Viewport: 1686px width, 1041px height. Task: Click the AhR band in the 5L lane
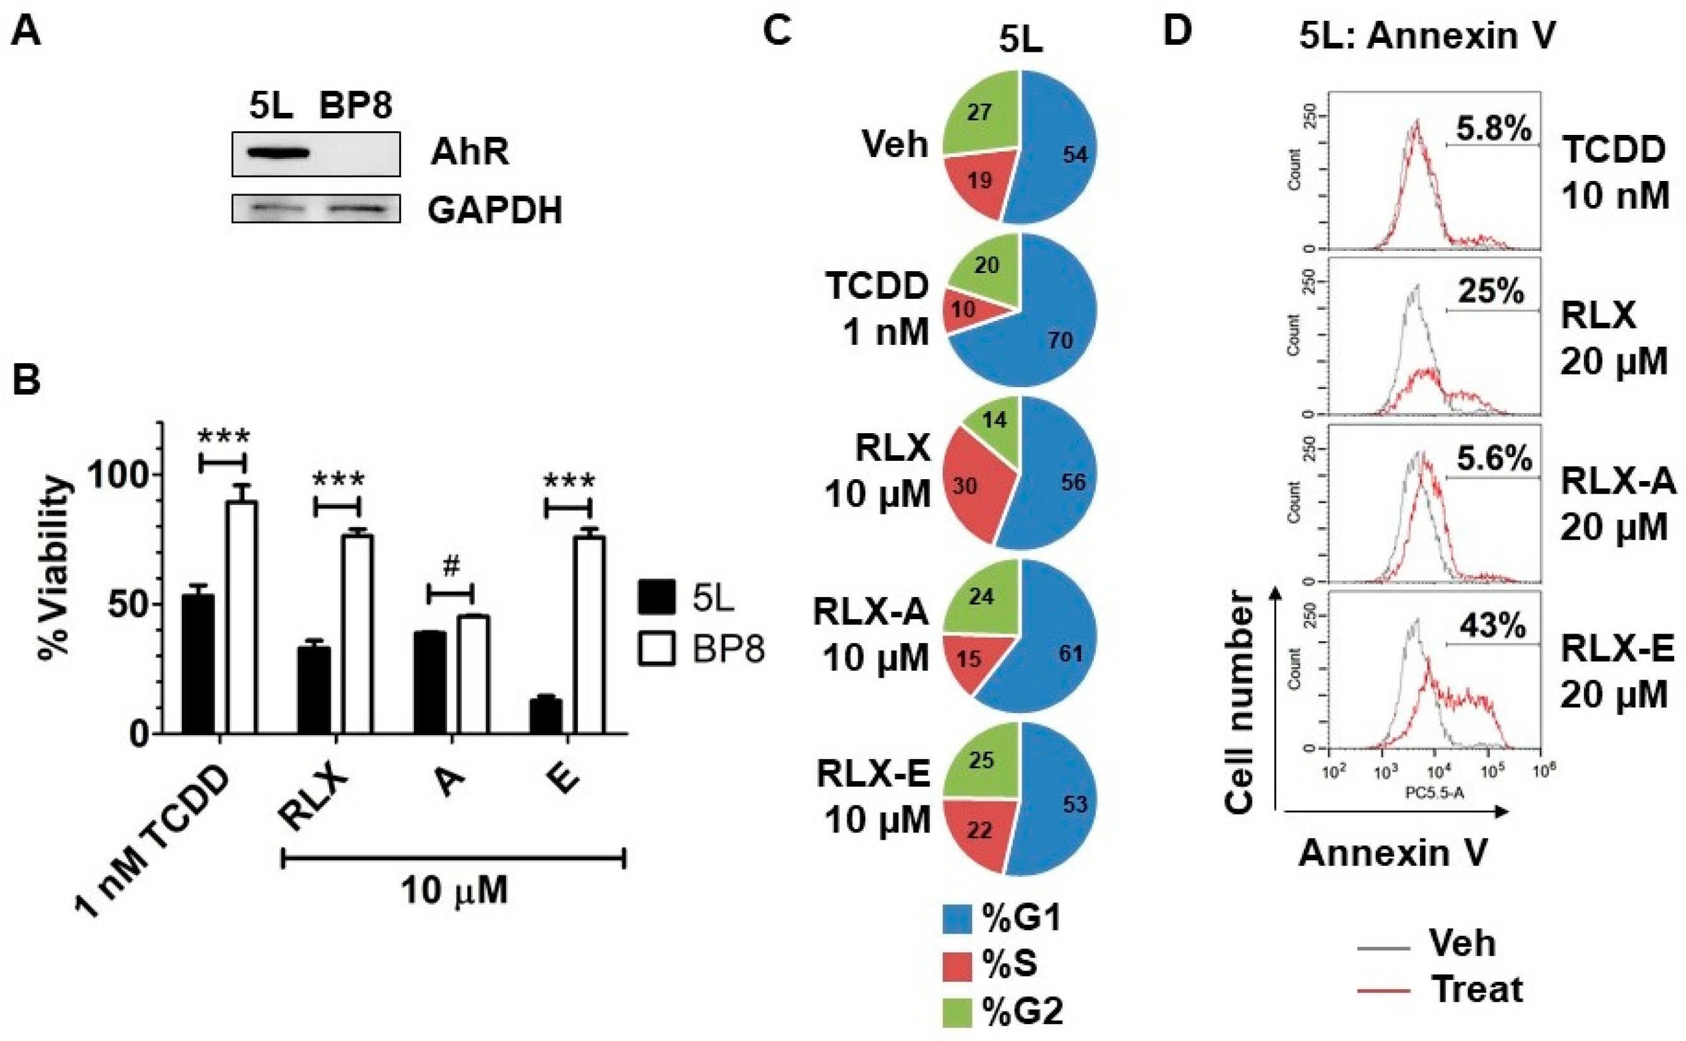pyautogui.click(x=270, y=153)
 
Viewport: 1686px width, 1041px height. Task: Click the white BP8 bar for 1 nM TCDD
pyautogui.click(x=242, y=617)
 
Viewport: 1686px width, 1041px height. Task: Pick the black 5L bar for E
pyautogui.click(x=546, y=717)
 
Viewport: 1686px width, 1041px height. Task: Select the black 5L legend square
pyautogui.click(x=656, y=596)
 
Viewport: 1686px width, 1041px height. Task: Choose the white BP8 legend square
pyautogui.click(x=656, y=648)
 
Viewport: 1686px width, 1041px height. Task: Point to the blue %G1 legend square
pyautogui.click(x=957, y=919)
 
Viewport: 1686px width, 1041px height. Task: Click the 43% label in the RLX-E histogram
pyautogui.click(x=1492, y=626)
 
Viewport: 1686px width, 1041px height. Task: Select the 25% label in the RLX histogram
pyautogui.click(x=1490, y=293)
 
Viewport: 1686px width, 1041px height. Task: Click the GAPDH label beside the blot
pyautogui.click(x=495, y=210)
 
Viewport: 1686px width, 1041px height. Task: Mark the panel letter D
pyautogui.click(x=1178, y=30)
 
